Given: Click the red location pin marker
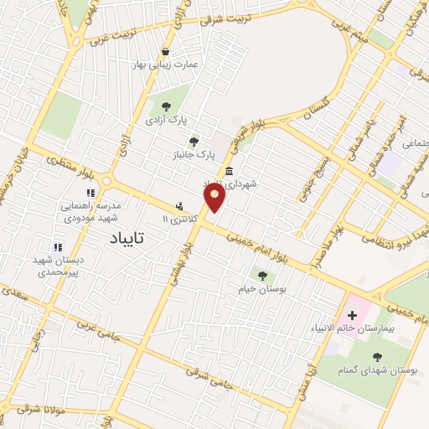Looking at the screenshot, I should (x=215, y=198).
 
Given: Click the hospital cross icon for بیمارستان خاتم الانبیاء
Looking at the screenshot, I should (x=351, y=317).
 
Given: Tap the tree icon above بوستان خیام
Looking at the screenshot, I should (x=262, y=275).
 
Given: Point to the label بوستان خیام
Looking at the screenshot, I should (x=262, y=288).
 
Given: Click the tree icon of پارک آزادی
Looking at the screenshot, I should (x=164, y=106).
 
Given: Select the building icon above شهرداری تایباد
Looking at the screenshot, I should (x=229, y=171).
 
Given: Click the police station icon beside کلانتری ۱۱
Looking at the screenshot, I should (x=179, y=206).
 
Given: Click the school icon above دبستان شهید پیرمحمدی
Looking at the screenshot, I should (x=58, y=247).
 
